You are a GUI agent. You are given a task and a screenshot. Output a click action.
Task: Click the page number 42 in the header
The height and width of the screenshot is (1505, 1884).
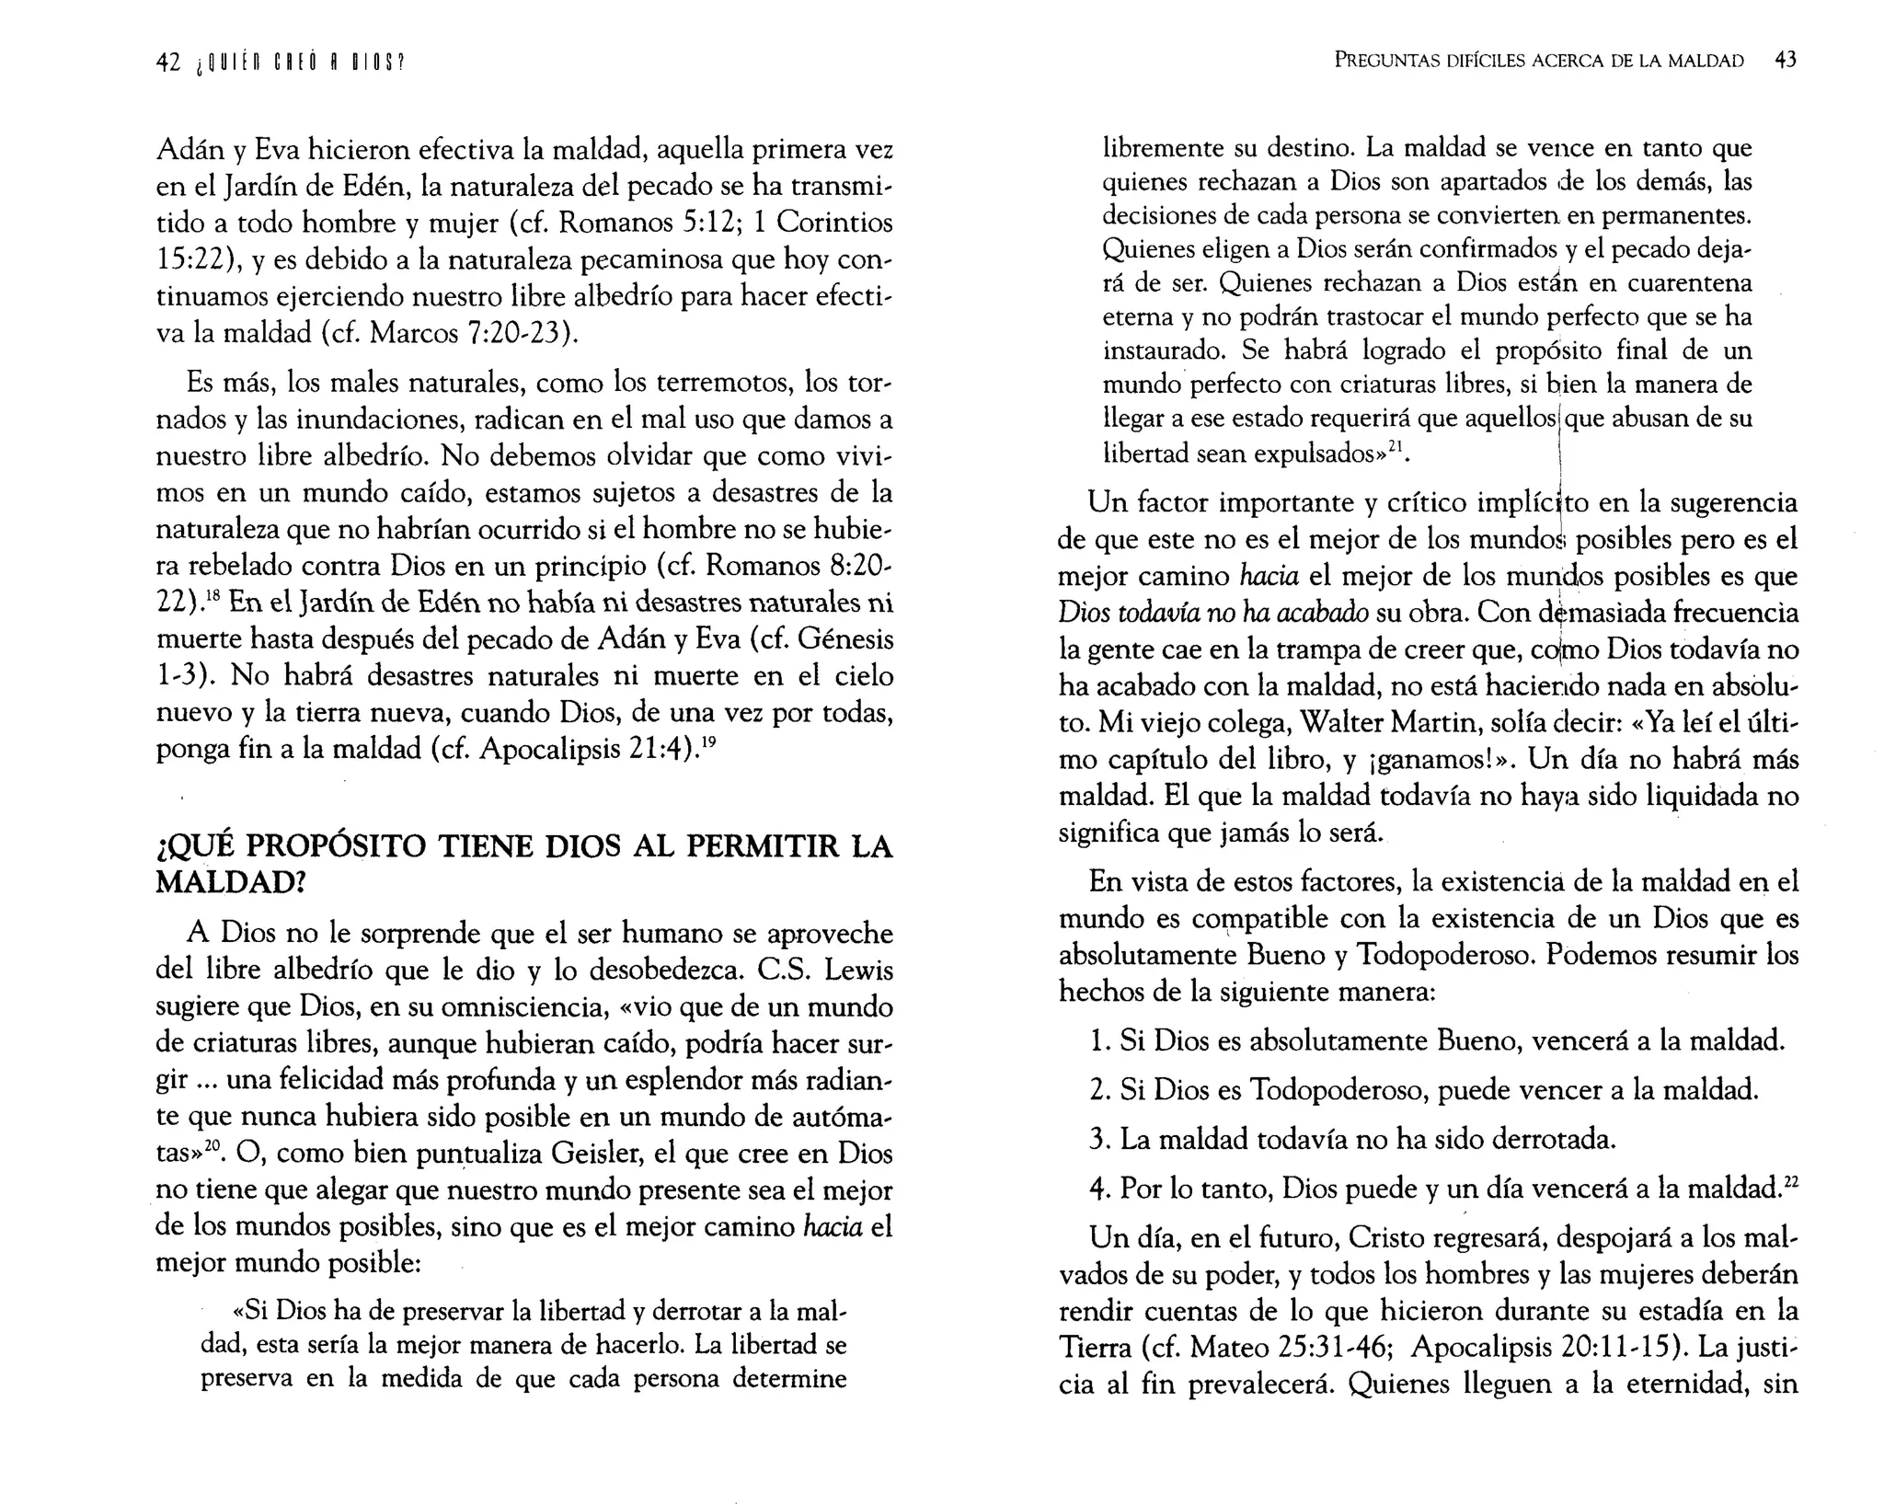click(x=167, y=62)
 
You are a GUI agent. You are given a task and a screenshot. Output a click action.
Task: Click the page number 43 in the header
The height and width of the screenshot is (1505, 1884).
click(x=1785, y=61)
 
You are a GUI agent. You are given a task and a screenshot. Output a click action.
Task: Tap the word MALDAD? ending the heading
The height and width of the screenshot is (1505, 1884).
click(x=230, y=882)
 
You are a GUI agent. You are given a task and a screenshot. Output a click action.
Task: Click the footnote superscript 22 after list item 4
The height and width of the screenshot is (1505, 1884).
click(x=1790, y=1183)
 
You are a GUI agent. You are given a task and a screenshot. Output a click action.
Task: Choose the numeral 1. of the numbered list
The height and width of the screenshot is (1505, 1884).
click(x=1098, y=1041)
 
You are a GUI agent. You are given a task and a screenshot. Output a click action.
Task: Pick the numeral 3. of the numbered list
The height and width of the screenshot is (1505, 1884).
click(x=1098, y=1140)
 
